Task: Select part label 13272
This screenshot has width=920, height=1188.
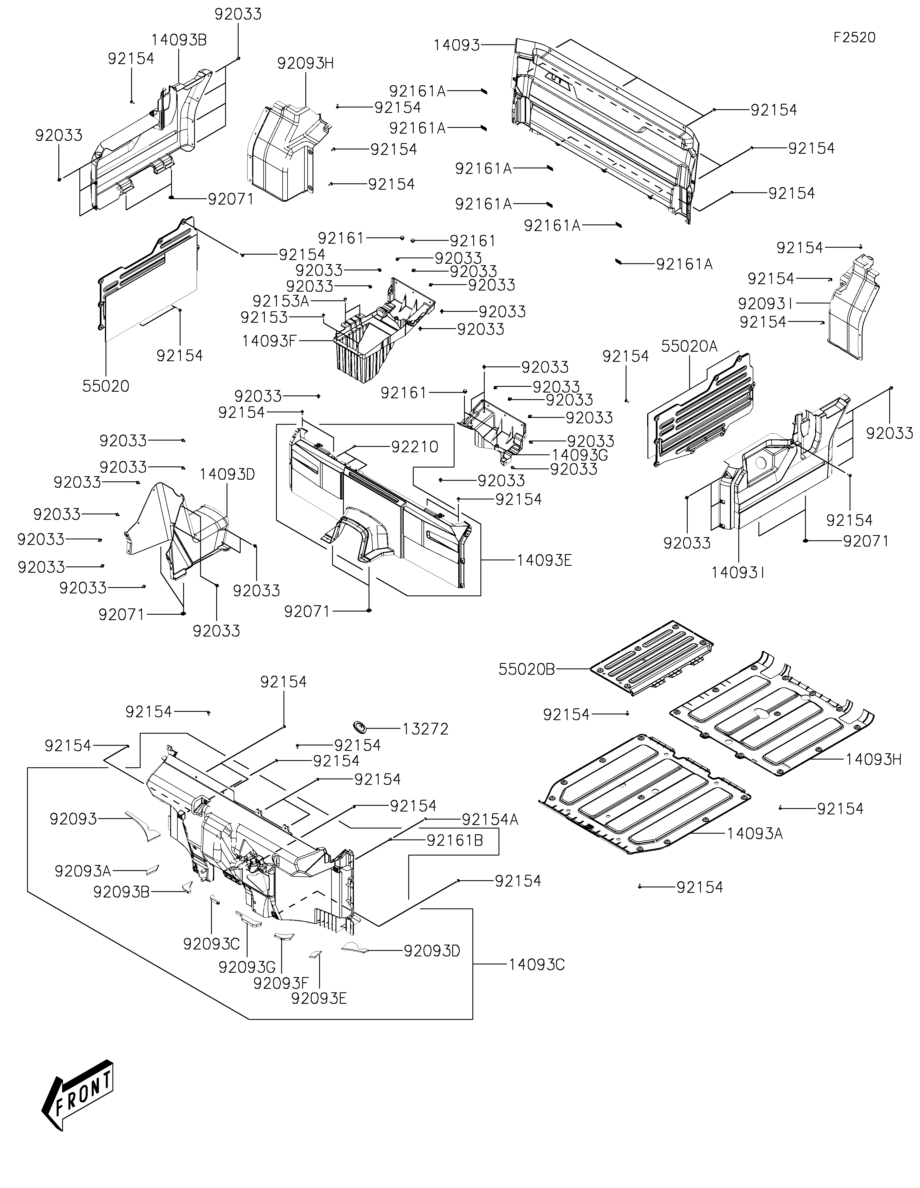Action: click(x=425, y=729)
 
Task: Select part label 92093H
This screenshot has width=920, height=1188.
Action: click(x=306, y=63)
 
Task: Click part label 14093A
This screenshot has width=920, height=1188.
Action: click(x=755, y=833)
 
